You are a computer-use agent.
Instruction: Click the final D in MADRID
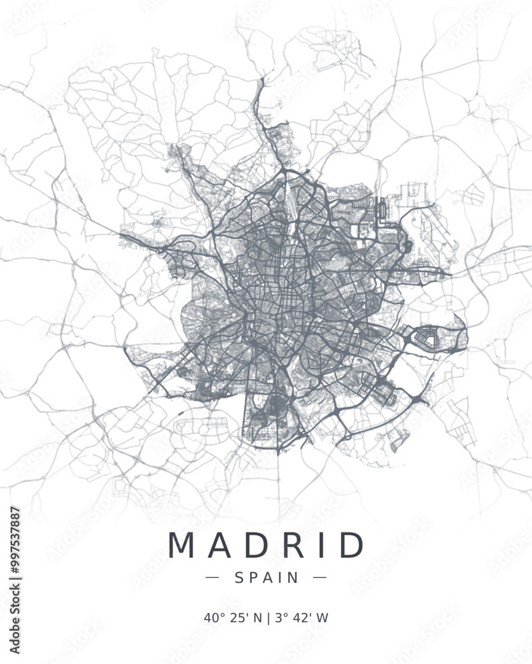350,545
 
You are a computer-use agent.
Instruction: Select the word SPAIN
267,578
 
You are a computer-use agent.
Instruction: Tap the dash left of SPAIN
212,578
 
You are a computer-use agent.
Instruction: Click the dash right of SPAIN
320,578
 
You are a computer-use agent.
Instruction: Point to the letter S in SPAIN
239,578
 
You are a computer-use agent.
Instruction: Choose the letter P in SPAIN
253,578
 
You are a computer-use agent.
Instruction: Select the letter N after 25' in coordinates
258,618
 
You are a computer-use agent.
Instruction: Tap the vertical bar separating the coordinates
268,618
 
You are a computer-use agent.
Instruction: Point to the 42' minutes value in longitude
301,618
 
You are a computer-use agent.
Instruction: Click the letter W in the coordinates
323,618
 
